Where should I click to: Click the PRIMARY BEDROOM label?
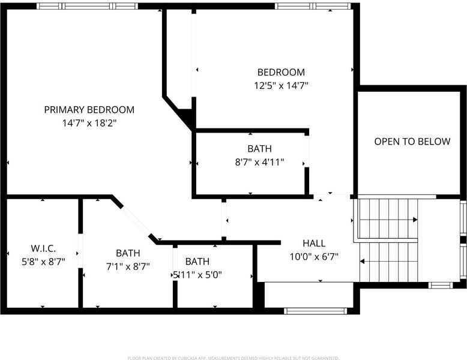coord(89,110)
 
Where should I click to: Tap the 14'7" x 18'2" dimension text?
coord(89,123)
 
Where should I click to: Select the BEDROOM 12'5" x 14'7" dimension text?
coord(281,86)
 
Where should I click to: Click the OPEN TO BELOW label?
coord(412,142)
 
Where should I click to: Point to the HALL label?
coord(314,243)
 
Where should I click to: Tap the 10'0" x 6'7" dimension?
coord(314,256)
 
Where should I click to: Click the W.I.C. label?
coord(43,248)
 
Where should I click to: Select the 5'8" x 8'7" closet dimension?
coord(43,262)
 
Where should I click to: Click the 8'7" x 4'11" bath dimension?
coord(259,162)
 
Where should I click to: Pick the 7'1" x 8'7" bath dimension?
coord(128,266)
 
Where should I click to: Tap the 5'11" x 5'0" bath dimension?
coord(197,275)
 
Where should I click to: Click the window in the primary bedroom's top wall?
coord(87,6)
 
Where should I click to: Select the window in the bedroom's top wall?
coord(313,6)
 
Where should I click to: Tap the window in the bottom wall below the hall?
coord(315,311)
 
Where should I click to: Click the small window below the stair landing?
coord(441,285)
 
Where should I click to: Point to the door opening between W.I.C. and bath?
coord(80,251)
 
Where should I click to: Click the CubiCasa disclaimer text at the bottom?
coord(233,358)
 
